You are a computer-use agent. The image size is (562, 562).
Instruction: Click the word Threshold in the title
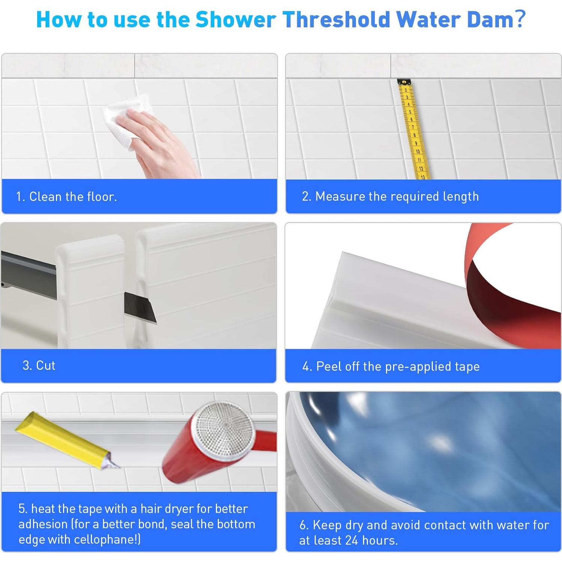point(336,20)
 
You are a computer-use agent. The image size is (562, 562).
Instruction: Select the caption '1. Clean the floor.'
point(66,197)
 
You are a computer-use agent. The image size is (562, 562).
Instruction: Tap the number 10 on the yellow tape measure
point(418,151)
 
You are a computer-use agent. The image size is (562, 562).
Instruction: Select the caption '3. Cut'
point(39,365)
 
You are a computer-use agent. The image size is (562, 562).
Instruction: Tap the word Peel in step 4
point(329,366)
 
